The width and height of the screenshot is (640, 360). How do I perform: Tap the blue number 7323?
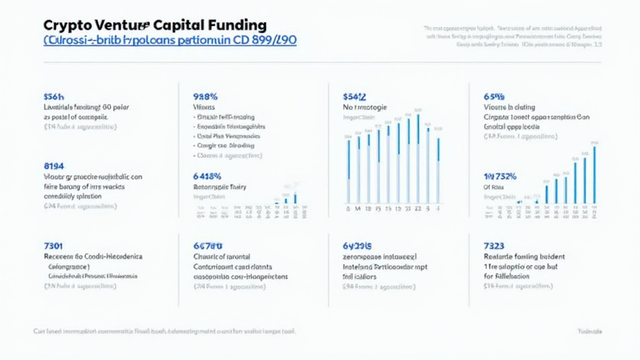(x=494, y=246)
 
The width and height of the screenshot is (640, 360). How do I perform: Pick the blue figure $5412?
(x=354, y=97)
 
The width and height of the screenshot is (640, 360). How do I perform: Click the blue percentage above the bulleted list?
(x=206, y=97)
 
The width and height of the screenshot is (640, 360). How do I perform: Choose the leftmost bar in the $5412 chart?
(x=348, y=172)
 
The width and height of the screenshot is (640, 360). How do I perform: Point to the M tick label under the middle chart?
(x=358, y=209)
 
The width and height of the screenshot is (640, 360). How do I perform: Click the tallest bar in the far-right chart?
(x=594, y=174)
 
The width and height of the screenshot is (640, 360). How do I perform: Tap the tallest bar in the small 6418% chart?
(x=295, y=198)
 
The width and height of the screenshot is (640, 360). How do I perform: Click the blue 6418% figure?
(x=209, y=176)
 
